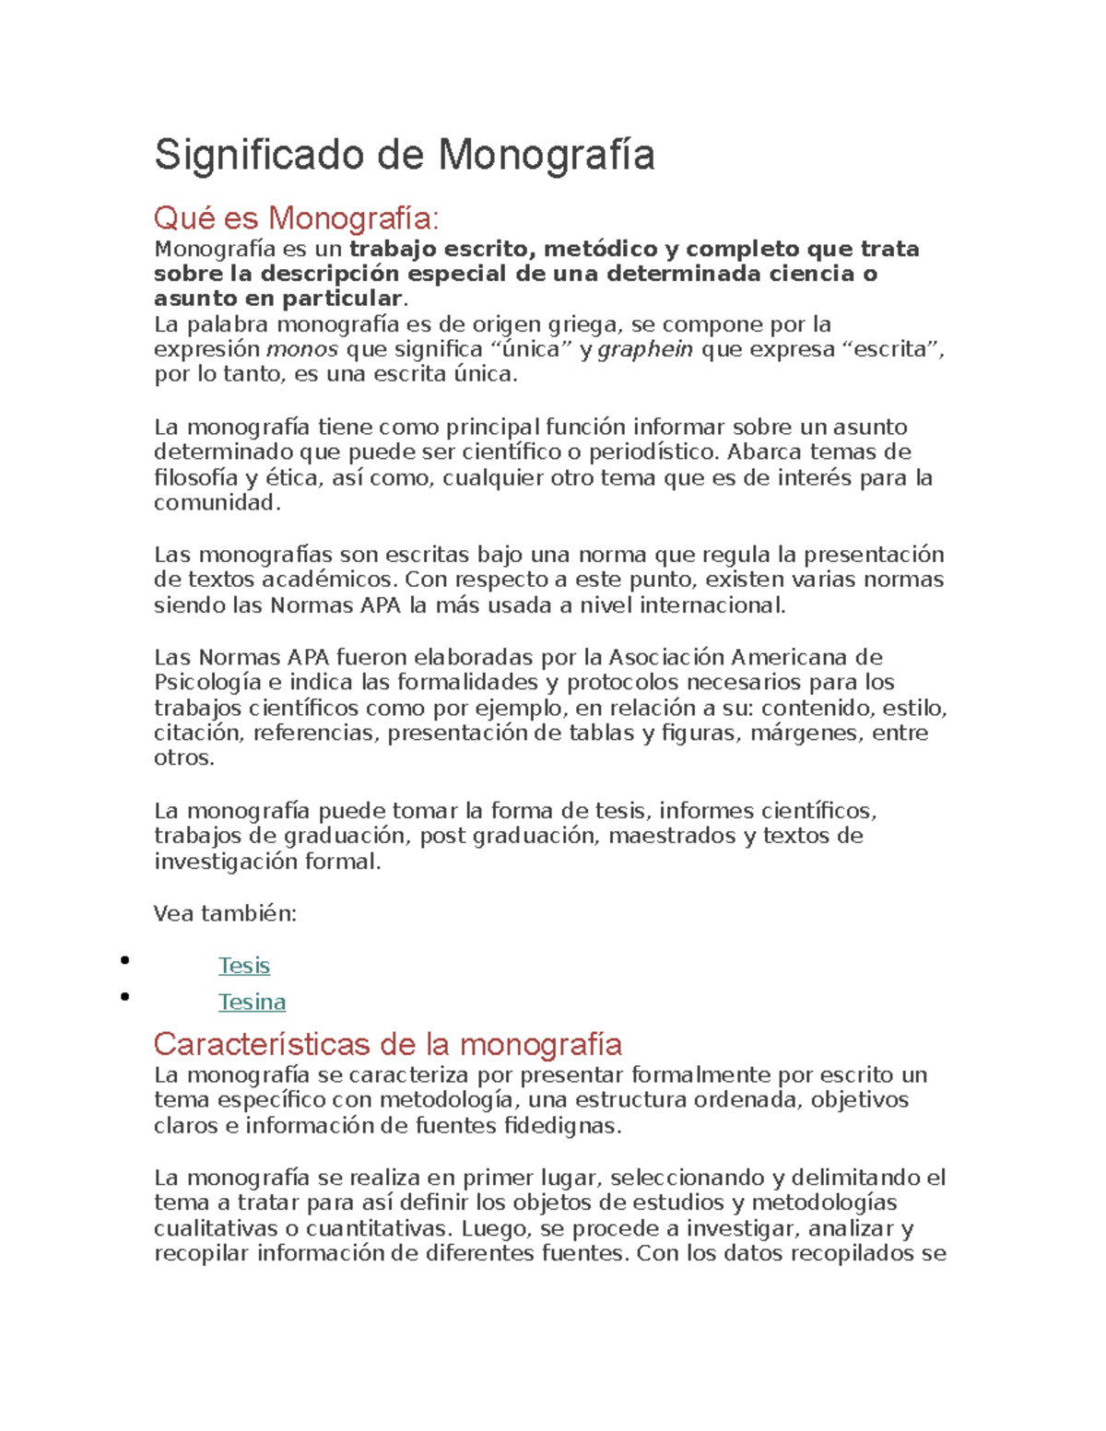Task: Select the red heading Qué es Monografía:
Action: tap(296, 218)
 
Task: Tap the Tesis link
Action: tap(243, 966)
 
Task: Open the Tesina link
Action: tap(252, 1002)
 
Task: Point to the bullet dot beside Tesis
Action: tap(124, 960)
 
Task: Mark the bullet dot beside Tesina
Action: tap(124, 996)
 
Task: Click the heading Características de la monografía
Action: tap(387, 1044)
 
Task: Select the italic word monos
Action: tap(302, 349)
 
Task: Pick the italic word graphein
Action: tap(645, 349)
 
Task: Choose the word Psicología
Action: tap(207, 683)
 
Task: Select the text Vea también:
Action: tap(225, 913)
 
